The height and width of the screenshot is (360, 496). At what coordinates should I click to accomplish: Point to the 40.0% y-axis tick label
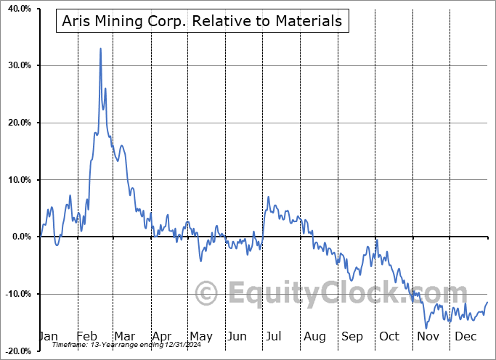(17, 9)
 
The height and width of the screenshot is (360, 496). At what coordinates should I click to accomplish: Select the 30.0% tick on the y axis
(17, 66)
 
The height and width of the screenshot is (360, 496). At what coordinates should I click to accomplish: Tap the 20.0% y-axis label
(17, 123)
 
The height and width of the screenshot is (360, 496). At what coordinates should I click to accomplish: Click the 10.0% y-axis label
(17, 180)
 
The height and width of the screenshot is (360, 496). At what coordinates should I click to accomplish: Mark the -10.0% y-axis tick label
(15, 294)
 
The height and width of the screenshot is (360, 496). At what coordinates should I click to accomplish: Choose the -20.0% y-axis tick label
(15, 351)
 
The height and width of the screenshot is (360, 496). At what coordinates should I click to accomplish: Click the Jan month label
(48, 337)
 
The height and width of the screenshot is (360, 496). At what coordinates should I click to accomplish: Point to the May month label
(200, 337)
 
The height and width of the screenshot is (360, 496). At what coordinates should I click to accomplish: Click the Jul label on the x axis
(275, 337)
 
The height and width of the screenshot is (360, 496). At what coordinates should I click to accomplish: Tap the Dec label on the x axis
(464, 337)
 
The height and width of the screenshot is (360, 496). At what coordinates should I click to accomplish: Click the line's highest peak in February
(100, 49)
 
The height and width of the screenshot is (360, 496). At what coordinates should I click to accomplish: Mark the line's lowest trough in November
(426, 327)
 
